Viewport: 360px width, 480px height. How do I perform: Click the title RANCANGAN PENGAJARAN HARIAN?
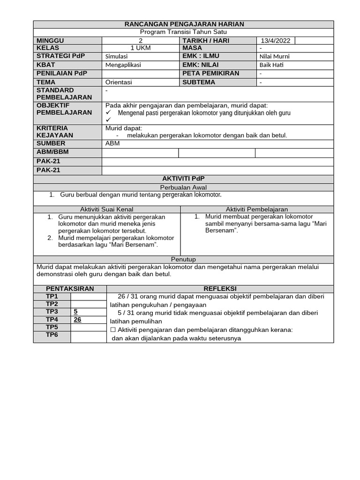tap(184, 24)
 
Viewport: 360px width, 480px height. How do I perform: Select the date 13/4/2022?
tap(276, 41)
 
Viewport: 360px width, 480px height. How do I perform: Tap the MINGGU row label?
tap(50, 41)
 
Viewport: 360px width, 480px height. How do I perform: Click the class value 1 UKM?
tap(141, 48)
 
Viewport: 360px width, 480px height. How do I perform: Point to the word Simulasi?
tap(117, 56)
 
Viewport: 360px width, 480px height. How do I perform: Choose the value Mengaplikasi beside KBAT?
tap(123, 65)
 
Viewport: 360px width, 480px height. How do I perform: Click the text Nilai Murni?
tap(274, 56)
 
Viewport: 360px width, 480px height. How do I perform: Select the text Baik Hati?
tap(271, 65)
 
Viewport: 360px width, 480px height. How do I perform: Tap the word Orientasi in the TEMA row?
tap(119, 82)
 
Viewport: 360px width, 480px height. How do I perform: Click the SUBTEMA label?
tap(199, 82)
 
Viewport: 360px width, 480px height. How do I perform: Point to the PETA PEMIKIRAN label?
tap(211, 73)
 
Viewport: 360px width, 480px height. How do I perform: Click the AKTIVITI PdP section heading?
tap(183, 179)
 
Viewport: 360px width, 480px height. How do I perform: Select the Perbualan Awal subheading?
tap(183, 187)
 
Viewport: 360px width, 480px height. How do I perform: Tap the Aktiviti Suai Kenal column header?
tap(107, 209)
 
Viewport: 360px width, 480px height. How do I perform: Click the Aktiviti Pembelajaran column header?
tap(257, 209)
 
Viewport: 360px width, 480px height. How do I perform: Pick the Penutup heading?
tap(183, 259)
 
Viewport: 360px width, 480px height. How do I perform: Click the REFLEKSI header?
tap(220, 288)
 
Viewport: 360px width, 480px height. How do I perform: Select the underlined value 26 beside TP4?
tap(78, 319)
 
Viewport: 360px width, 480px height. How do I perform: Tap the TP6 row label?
tap(52, 335)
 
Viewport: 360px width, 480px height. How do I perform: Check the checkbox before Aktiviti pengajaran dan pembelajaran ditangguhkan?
tap(112, 330)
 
